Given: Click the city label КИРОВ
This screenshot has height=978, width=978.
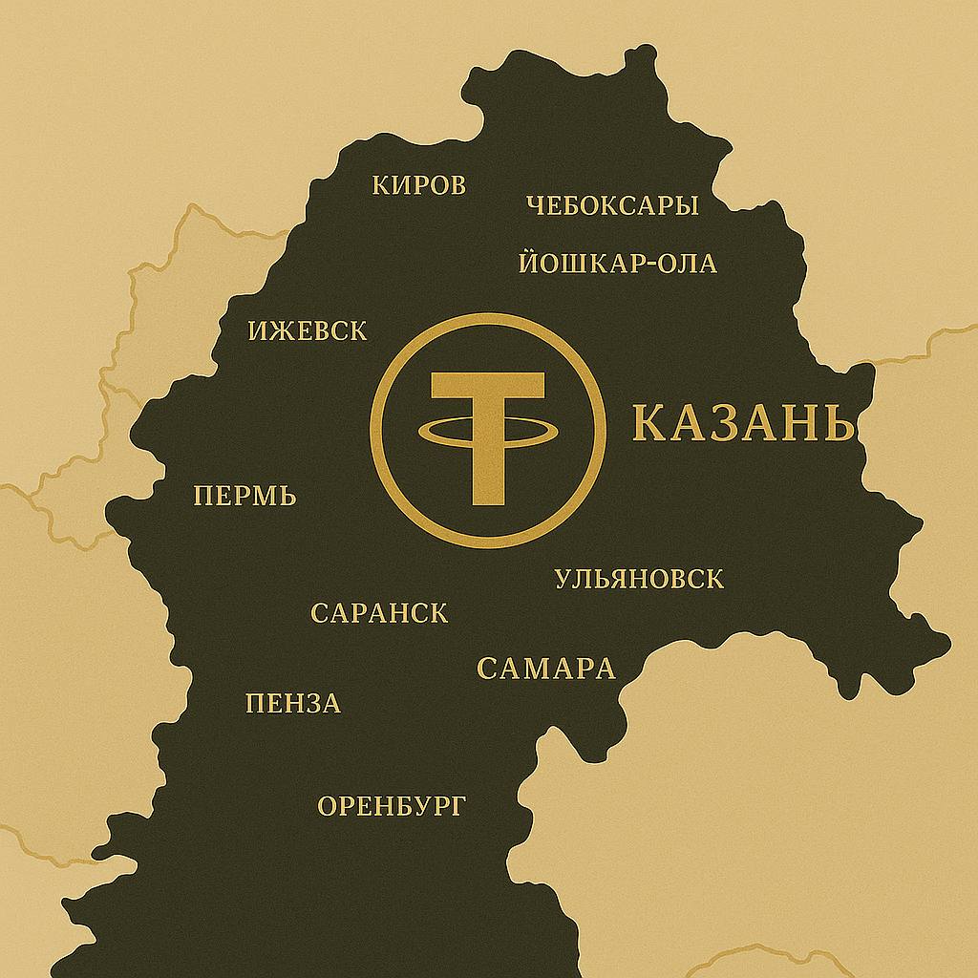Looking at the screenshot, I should pyautogui.click(x=418, y=184).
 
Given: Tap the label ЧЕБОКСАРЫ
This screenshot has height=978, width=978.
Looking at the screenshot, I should pyautogui.click(x=612, y=205).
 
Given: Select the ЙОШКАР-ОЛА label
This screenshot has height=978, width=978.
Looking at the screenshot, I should pyautogui.click(x=617, y=264).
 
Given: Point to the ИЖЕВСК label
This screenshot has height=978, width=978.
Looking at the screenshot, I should pyautogui.click(x=307, y=331).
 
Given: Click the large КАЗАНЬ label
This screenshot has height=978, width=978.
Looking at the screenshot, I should pyautogui.click(x=742, y=424).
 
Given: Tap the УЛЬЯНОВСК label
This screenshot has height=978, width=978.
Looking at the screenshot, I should pyautogui.click(x=639, y=579).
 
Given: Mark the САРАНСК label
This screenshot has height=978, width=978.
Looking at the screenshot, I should pyautogui.click(x=379, y=613).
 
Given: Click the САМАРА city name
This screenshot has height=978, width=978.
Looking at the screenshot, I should pyautogui.click(x=545, y=669).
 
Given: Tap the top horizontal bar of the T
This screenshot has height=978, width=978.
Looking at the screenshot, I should pyautogui.click(x=488, y=387).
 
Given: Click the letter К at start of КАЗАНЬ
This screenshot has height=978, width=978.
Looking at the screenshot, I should pyautogui.click(x=648, y=424).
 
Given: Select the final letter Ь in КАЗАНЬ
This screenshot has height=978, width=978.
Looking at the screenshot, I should pyautogui.click(x=838, y=424).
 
